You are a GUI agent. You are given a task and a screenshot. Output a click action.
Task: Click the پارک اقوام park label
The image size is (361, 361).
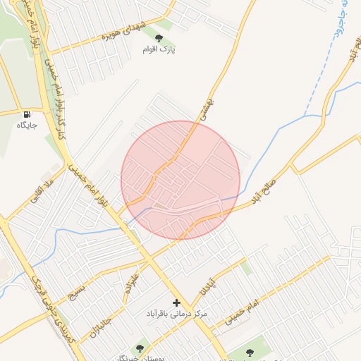tap(162, 49)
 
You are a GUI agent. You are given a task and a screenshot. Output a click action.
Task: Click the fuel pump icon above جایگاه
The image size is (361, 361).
tap(27, 114)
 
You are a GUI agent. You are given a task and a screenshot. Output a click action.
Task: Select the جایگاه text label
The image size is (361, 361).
tap(27, 125)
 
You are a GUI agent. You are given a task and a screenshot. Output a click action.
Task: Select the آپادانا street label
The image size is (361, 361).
tap(204, 286)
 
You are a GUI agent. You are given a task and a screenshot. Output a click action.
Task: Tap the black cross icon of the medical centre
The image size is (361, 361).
tap(176, 302)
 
